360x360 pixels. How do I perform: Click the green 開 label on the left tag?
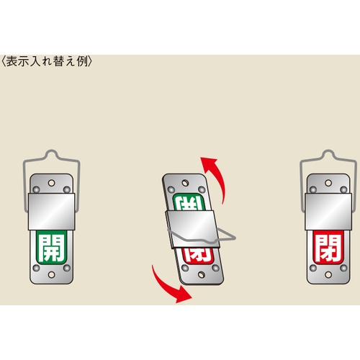[x=51, y=247]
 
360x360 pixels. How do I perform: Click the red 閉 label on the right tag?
[x=328, y=247]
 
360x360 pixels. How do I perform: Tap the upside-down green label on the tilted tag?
[x=189, y=203]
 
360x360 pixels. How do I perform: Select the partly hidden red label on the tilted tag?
[x=198, y=255]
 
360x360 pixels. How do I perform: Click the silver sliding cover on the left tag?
[x=52, y=212]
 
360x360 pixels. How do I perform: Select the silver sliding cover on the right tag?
[x=328, y=212]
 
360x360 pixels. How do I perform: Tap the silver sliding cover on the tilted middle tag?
[x=192, y=229]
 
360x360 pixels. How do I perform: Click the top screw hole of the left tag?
[x=51, y=183]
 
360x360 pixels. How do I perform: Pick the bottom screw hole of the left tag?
[x=51, y=275]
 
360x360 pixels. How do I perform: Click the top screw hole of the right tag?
[x=328, y=183]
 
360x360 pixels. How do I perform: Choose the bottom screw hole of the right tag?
[x=328, y=275]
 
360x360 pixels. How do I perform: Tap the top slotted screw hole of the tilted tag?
[x=185, y=183]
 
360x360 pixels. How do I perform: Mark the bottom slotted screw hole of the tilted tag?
[x=202, y=275]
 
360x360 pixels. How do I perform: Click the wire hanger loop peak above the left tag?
[x=52, y=150]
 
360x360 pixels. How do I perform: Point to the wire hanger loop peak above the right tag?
[x=328, y=150]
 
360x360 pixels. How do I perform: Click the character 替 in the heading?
[x=59, y=61]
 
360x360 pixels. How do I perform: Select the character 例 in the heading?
[x=82, y=61]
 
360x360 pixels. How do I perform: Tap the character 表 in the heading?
[x=12, y=61]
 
